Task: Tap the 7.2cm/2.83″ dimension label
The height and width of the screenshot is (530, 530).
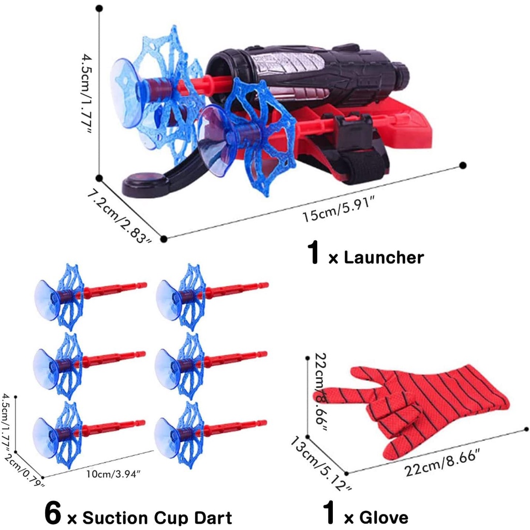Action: tap(120, 216)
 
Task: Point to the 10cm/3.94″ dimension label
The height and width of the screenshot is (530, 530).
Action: tap(113, 474)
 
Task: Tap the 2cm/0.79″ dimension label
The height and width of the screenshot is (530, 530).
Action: tap(24, 470)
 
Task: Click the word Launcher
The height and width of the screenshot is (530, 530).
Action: tap(384, 258)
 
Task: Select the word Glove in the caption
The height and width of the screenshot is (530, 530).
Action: tap(384, 518)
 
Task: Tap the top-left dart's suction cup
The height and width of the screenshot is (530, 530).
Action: tap(47, 300)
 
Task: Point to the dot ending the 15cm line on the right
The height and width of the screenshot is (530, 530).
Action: tap(463, 165)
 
